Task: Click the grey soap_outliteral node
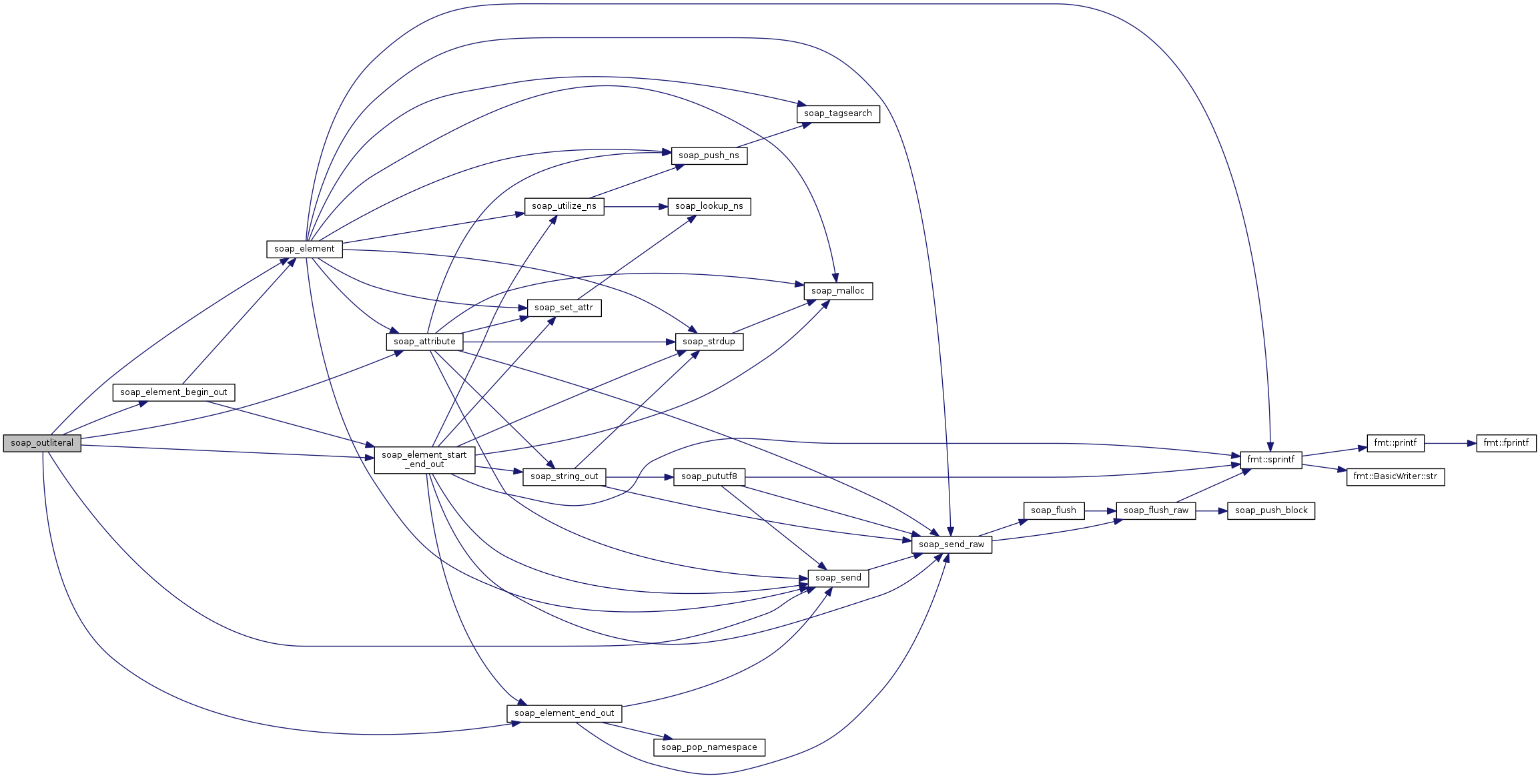(x=42, y=443)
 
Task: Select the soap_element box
(x=304, y=249)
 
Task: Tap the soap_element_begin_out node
(x=173, y=392)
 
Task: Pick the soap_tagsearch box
(x=838, y=114)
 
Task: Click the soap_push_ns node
(x=709, y=155)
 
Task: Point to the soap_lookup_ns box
(x=709, y=207)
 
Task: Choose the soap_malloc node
(x=838, y=292)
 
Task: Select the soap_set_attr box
(x=564, y=308)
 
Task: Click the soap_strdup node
(x=709, y=342)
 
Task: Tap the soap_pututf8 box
(x=709, y=476)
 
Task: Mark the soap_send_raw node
(x=951, y=544)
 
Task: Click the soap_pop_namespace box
(x=709, y=747)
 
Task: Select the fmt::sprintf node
(x=1271, y=460)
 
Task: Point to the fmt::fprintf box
(x=1506, y=443)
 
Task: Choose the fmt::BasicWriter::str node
(x=1396, y=476)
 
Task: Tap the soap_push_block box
(x=1271, y=511)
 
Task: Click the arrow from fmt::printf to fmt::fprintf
(x=1451, y=443)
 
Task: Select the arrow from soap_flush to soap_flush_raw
(x=1100, y=511)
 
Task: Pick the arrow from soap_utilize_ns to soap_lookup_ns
(x=636, y=207)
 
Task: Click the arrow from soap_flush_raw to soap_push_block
(x=1212, y=511)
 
